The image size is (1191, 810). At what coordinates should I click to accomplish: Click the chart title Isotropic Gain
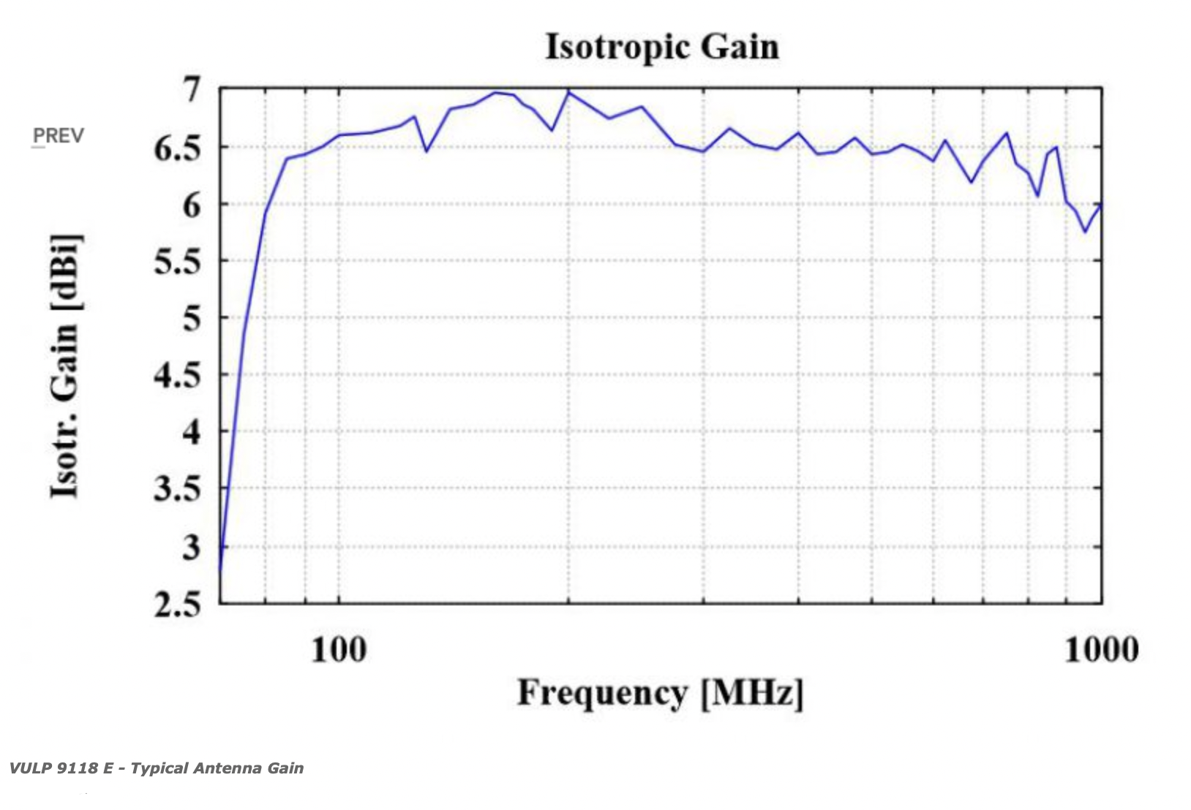[663, 47]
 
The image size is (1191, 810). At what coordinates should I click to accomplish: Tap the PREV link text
[59, 137]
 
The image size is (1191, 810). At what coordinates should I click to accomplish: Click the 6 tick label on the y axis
[192, 206]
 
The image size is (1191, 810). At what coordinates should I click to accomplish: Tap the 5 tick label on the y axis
[192, 319]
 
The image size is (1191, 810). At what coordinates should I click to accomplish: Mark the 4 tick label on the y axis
[192, 434]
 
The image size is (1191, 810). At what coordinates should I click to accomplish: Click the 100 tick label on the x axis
[339, 650]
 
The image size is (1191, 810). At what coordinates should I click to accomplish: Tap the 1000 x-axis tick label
[1101, 650]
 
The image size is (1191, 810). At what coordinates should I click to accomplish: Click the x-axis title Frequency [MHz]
[661, 694]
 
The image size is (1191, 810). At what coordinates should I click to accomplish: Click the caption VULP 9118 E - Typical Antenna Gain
[157, 768]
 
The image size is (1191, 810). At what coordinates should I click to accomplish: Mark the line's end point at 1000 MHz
[1101, 204]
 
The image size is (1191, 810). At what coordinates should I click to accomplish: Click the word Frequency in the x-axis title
[602, 694]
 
